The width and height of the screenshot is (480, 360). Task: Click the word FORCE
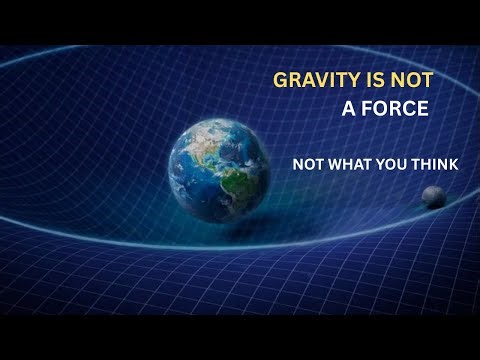[x=395, y=109]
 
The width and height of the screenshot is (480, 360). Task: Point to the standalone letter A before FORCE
[x=348, y=109]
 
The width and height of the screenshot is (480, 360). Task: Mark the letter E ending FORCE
[x=423, y=109]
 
